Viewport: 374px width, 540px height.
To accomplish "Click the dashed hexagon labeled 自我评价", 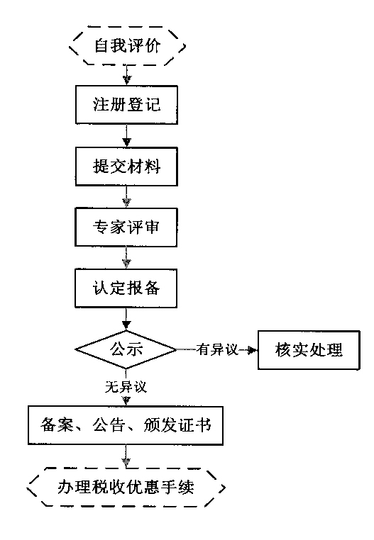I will click(126, 47).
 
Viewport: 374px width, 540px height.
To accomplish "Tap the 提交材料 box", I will click(126, 167).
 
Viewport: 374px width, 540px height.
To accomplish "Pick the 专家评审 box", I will click(126, 228).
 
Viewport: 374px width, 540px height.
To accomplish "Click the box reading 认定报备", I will click(126, 288).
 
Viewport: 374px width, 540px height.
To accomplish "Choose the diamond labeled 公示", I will click(126, 349).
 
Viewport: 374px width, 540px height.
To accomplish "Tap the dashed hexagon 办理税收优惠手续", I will click(126, 487).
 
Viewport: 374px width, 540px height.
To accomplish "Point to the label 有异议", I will click(217, 349).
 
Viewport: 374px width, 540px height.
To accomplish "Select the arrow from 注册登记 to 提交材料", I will click(126, 137).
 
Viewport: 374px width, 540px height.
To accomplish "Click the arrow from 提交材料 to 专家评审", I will click(126, 198).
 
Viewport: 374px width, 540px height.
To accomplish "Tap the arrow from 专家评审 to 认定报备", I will click(126, 259).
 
